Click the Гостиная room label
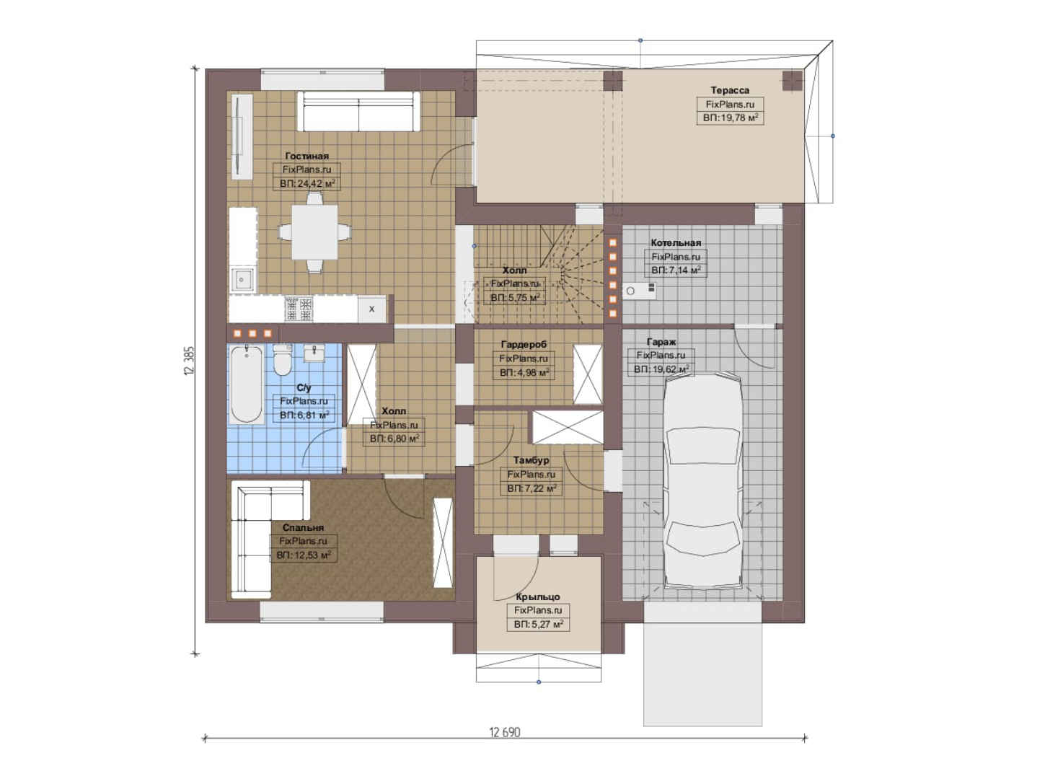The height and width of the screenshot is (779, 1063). coord(306,156)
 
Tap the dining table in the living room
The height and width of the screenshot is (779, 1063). coord(314,232)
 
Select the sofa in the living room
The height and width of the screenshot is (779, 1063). coord(358,111)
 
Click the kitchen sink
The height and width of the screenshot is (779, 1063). coord(242,279)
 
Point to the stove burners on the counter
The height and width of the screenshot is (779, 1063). coord(299,309)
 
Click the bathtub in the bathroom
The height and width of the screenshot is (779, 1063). coord(247,384)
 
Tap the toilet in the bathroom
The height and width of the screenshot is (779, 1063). coord(283,360)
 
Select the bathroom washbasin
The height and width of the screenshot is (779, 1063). coord(314,353)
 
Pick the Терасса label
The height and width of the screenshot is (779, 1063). coord(730,89)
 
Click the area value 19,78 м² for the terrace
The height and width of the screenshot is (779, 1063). coord(731,118)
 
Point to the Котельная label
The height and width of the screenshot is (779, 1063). coord(676,242)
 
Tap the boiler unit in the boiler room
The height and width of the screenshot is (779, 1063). coord(640,290)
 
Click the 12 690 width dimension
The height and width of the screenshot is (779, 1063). coord(504,732)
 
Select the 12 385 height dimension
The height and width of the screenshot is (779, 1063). coord(189,361)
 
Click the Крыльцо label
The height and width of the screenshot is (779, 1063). coord(538,597)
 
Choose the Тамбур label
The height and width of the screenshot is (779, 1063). coord(531,460)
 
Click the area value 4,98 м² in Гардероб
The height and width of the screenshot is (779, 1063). coord(524,372)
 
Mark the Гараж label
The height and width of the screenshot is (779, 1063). coord(661,342)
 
